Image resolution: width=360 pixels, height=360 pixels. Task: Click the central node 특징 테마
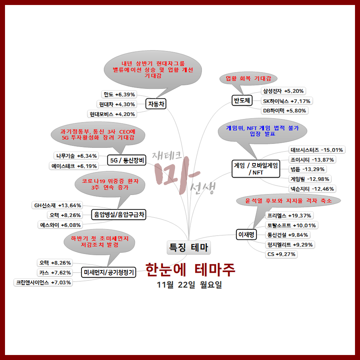[189, 247]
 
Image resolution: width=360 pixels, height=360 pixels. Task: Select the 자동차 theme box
[156, 104]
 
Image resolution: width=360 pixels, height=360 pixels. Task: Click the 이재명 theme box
[246, 235]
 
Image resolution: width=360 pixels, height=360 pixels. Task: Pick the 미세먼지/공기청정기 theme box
[109, 272]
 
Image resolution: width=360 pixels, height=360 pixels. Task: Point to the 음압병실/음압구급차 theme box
[119, 214]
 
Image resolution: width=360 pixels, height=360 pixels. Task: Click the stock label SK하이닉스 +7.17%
[286, 101]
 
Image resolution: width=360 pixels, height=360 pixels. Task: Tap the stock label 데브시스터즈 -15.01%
[317, 150]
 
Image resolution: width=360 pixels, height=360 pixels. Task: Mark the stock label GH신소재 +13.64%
[58, 205]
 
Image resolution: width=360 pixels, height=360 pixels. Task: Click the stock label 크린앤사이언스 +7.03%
[43, 282]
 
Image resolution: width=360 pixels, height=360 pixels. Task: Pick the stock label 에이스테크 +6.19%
[74, 166]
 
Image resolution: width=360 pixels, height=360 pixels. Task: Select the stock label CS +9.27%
[281, 254]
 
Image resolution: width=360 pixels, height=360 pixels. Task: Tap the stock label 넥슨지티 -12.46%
[312, 189]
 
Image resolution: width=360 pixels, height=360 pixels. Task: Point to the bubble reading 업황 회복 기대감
[248, 79]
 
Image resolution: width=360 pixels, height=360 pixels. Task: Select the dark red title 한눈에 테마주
[190, 270]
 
